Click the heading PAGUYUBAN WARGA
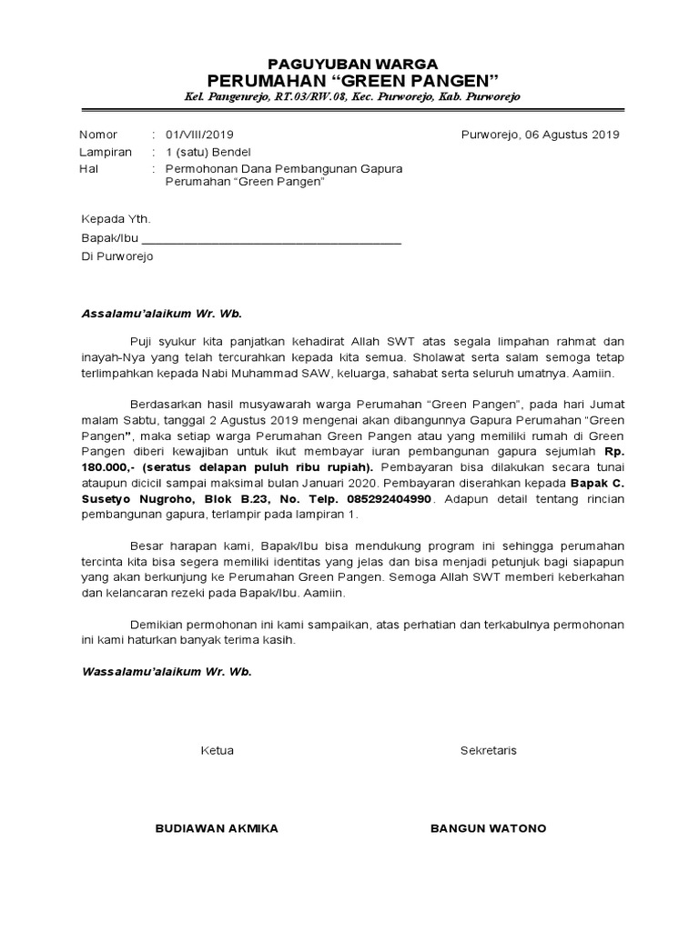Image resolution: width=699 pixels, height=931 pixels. [351, 63]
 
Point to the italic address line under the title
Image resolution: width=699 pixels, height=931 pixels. [351, 96]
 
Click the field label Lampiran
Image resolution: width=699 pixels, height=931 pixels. [106, 152]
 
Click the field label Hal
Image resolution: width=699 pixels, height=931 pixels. [89, 169]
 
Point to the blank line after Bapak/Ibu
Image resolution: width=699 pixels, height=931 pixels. [272, 239]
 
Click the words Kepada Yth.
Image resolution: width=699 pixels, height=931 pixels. [116, 220]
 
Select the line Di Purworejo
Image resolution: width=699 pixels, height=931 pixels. [117, 256]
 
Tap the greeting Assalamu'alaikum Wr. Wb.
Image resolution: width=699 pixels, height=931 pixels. [162, 313]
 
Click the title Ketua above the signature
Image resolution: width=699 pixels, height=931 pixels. [217, 751]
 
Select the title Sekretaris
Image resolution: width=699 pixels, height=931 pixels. [488, 751]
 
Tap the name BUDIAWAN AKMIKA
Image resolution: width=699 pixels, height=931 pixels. [217, 829]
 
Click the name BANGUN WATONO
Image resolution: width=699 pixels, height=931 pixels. [488, 829]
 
